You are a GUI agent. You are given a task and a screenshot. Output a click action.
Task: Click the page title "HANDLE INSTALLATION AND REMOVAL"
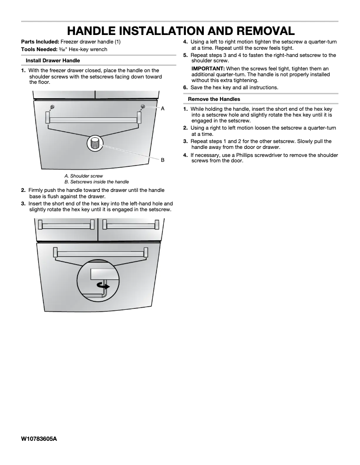180,31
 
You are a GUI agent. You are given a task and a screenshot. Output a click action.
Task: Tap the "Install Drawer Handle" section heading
53,60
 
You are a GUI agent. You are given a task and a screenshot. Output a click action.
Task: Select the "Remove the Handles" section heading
214,99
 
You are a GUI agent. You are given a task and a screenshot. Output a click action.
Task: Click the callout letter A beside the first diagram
162,109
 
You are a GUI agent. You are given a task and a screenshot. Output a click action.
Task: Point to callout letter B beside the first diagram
162,160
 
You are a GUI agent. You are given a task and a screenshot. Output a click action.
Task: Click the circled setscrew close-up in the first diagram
95,143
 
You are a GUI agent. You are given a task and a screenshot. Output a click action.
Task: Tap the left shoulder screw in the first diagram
53,107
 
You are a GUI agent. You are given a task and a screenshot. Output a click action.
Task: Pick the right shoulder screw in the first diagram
143,106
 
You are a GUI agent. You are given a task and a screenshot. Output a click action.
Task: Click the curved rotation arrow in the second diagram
104,285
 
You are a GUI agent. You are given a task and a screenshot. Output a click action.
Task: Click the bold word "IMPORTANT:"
208,68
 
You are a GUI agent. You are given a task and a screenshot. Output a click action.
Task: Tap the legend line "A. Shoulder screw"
83,176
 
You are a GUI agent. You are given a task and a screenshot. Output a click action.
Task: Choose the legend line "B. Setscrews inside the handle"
97,182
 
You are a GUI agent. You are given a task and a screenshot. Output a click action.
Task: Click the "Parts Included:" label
40,42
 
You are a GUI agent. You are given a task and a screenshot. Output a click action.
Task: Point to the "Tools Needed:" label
39,49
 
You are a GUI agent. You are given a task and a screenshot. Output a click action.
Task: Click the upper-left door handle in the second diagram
66,224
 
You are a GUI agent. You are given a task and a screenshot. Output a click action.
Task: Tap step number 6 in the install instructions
185,87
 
